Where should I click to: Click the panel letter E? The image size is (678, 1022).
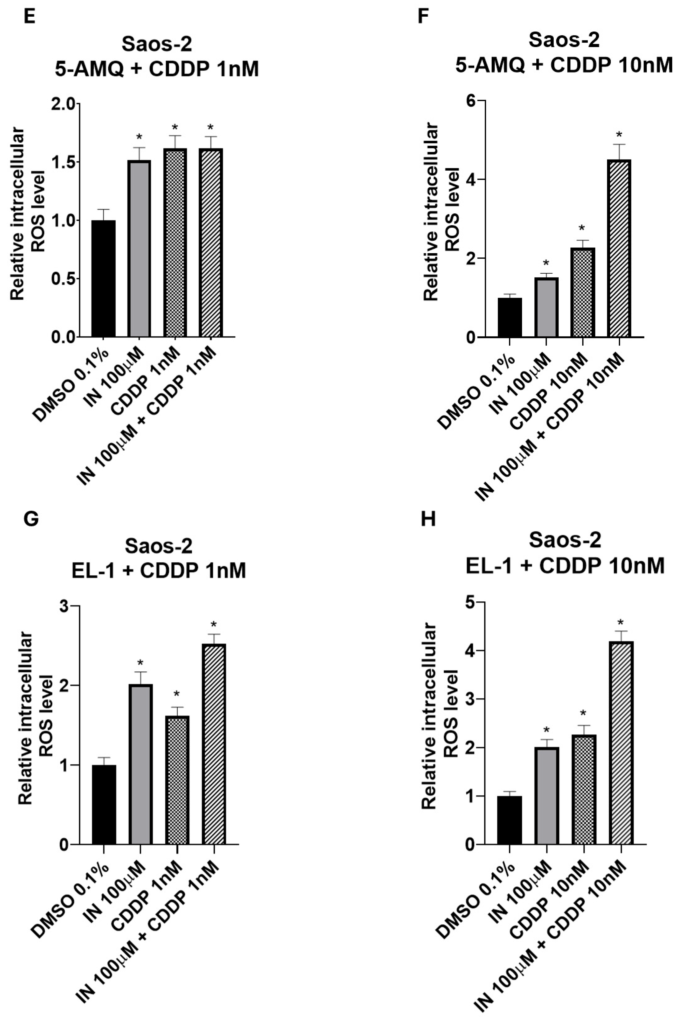(29, 18)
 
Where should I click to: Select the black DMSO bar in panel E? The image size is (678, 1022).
(103, 278)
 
